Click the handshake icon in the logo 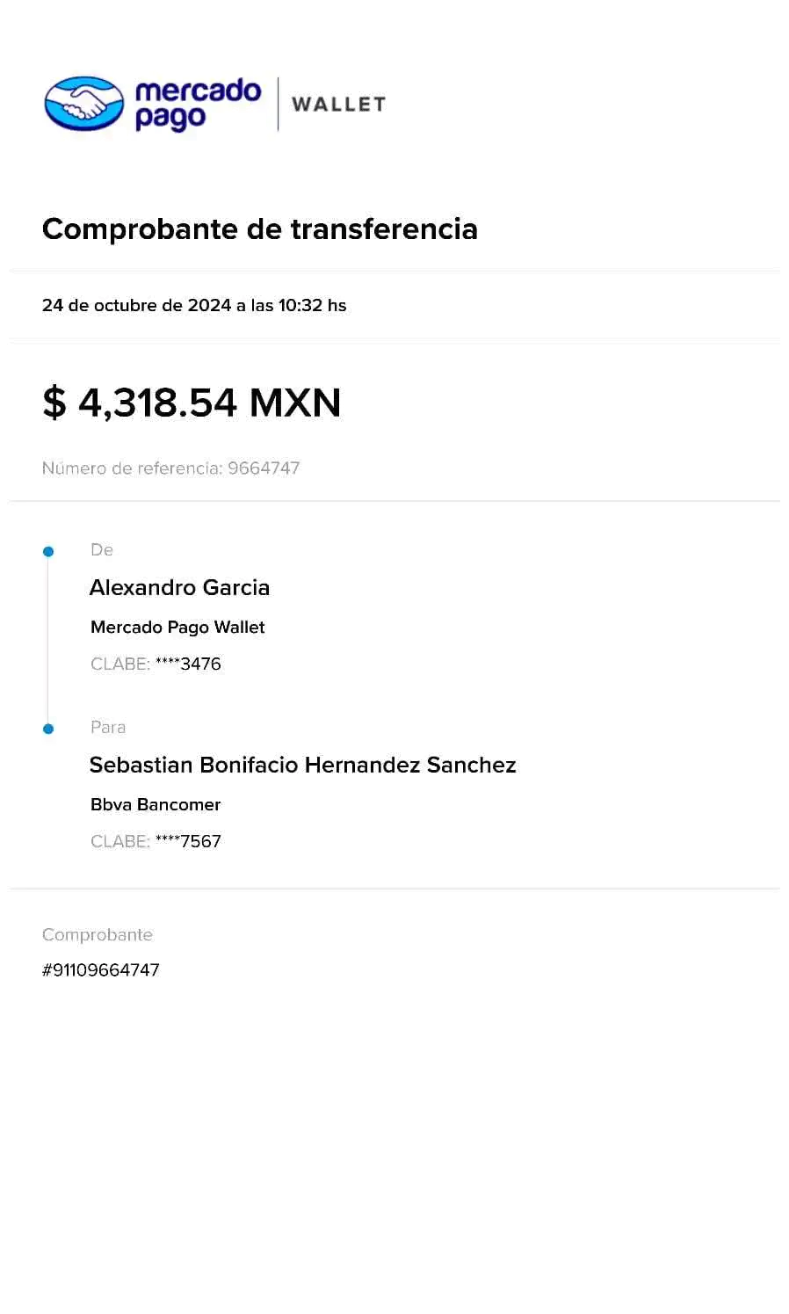pos(83,101)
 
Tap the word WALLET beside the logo pos(338,104)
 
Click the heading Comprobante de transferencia pos(260,229)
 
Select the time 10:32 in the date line pos(300,306)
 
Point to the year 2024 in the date pos(209,306)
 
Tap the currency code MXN pos(295,403)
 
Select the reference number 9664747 pos(264,468)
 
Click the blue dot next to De pos(48,552)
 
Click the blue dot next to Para pos(48,729)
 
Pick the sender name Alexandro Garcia pos(180,588)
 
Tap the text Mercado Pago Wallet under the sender pos(178,628)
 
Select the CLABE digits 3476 pos(200,664)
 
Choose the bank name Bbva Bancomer pos(156,805)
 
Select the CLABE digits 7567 pos(200,841)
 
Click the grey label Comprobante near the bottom pos(98,935)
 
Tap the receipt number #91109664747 pos(102,970)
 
